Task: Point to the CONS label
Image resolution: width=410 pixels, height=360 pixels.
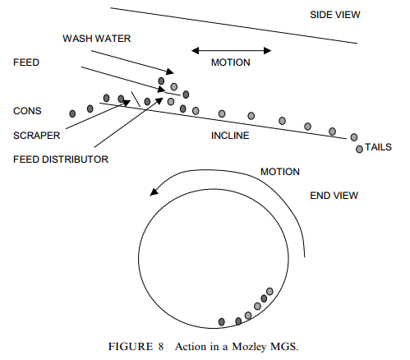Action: coord(26,110)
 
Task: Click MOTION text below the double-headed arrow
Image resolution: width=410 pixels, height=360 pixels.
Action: coord(231,63)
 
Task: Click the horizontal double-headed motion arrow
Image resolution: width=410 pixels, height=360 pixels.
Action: coord(231,50)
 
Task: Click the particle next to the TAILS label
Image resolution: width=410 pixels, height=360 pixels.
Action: coord(359,149)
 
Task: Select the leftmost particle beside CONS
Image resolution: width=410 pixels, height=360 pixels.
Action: coord(73,112)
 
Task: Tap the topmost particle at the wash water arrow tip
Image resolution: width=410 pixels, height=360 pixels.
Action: coord(163,81)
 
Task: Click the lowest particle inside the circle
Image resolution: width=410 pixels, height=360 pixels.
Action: coord(221,321)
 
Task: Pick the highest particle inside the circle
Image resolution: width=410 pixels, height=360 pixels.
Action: coord(270,290)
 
